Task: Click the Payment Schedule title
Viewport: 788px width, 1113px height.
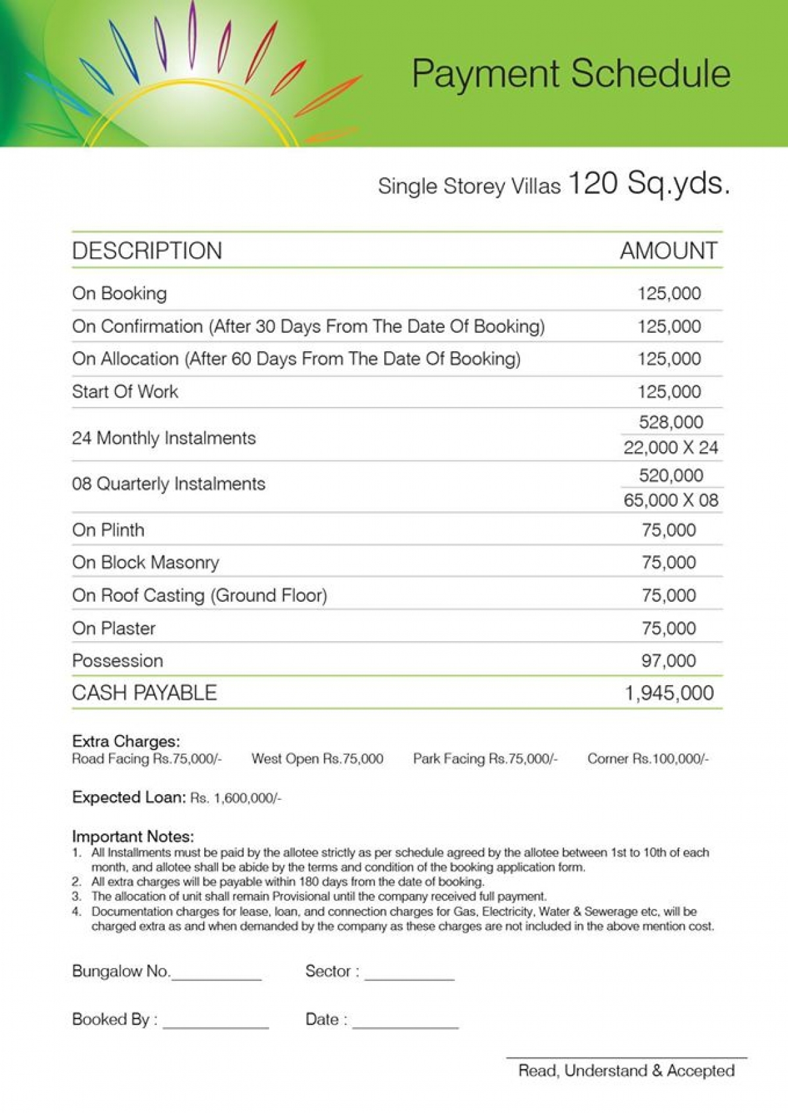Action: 571,73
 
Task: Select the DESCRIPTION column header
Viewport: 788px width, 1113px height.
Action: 147,251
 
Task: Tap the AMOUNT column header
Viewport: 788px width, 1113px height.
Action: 668,251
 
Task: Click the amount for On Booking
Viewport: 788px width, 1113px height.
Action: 669,293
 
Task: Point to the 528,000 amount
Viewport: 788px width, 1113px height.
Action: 670,422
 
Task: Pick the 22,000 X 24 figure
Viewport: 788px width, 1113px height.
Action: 670,448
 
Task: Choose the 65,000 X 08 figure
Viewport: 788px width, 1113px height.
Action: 670,500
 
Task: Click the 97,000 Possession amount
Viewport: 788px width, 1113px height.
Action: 668,661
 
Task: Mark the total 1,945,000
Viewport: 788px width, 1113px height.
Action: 668,693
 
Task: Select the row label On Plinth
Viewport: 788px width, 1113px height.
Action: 108,530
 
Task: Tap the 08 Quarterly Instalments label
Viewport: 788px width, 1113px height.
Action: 169,484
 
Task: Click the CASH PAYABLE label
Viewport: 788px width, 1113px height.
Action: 144,693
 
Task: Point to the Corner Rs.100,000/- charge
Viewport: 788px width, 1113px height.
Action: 648,759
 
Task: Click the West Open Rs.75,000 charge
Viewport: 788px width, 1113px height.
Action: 317,759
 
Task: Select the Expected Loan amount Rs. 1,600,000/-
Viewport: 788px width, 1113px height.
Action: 236,799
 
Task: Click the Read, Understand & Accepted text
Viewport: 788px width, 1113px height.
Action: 626,1071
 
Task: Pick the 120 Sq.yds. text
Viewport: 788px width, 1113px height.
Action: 649,183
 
